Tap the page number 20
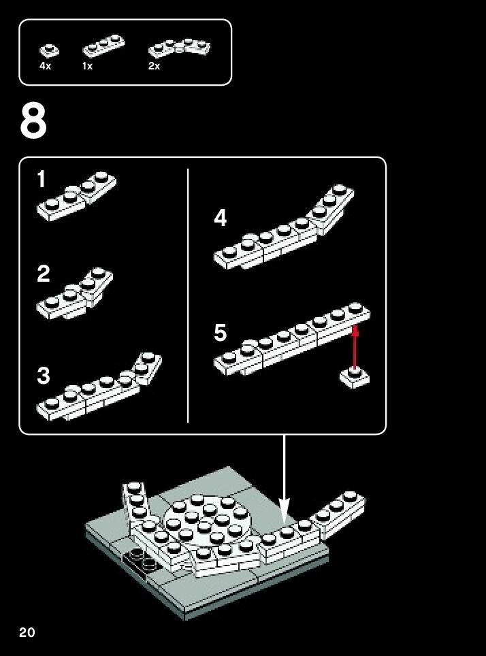coord(27,632)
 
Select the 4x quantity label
coord(45,66)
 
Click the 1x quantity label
coord(88,66)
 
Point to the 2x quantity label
coord(154,66)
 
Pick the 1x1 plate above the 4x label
coord(50,50)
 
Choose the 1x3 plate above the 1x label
coord(104,47)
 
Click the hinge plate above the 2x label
coord(179,48)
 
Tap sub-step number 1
coord(41,179)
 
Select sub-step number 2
coord(43,274)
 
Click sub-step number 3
coord(43,375)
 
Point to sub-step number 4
coord(220,218)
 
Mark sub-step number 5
coord(220,333)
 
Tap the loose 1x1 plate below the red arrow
coord(355,378)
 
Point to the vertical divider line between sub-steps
coord(188,295)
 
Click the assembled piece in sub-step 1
coord(77,196)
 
